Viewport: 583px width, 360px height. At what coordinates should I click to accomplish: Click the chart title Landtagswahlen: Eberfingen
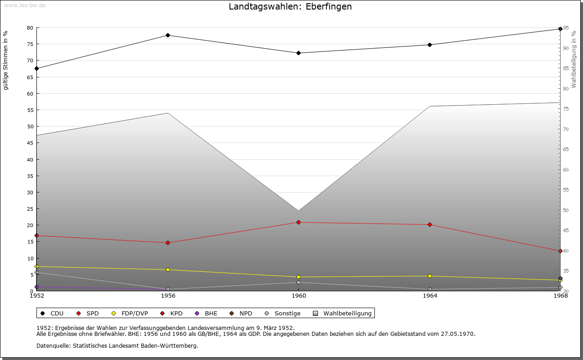(290, 7)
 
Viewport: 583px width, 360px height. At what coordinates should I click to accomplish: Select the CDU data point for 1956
(168, 35)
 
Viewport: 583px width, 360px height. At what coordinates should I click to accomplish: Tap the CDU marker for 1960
(299, 53)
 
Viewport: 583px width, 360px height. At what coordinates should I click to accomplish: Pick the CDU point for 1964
(430, 45)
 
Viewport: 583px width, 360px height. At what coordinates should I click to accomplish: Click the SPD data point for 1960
(299, 222)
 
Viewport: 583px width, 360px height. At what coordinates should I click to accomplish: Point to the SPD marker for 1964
(430, 224)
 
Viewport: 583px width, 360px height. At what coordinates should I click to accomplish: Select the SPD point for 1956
(168, 243)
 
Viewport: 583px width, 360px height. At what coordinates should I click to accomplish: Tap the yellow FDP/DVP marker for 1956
(168, 269)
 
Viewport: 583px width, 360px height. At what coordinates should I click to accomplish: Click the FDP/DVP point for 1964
(430, 276)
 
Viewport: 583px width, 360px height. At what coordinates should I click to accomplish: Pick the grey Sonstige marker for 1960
(299, 283)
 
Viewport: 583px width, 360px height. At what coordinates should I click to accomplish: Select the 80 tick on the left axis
(30, 28)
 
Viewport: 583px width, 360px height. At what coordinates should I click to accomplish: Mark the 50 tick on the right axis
(566, 210)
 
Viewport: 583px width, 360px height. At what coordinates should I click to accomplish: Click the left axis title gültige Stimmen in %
(6, 60)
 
